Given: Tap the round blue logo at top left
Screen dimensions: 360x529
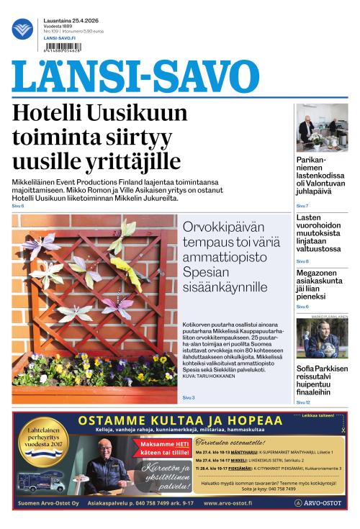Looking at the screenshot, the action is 22,29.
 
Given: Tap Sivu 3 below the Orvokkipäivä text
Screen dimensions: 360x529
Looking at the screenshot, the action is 189,397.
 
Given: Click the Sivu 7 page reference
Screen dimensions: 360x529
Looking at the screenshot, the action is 302,206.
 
